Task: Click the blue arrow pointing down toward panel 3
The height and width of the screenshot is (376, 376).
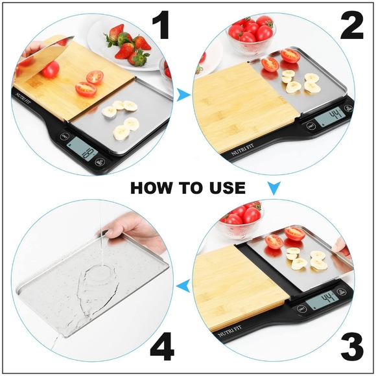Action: pyautogui.click(x=274, y=189)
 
